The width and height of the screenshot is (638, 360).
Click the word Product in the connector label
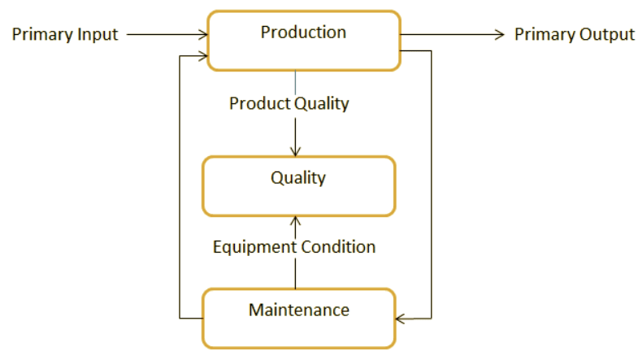[257, 104]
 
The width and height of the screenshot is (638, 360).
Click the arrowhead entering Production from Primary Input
[204, 34]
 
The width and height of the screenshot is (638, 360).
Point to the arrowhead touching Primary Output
[501, 34]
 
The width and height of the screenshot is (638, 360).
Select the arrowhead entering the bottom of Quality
[295, 220]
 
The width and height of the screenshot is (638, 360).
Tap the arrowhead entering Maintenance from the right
[401, 318]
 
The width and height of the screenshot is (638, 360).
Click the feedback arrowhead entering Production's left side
[204, 56]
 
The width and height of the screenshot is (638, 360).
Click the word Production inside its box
[303, 33]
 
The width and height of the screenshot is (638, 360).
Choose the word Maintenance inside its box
[298, 310]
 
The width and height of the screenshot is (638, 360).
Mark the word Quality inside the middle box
[297, 177]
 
